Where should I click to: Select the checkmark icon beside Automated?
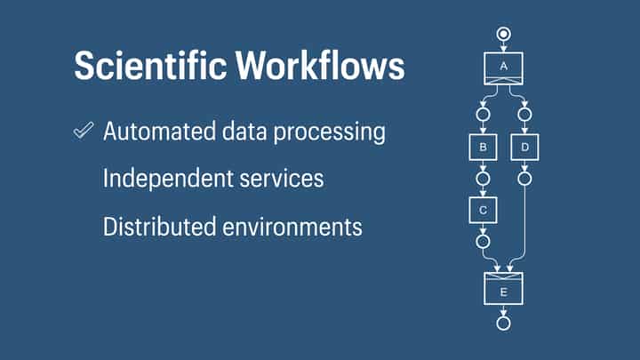click(x=84, y=132)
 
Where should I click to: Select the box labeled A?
click(x=503, y=68)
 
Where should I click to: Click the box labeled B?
click(x=483, y=147)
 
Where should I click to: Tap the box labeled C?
click(x=483, y=210)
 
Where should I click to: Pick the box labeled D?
click(x=524, y=147)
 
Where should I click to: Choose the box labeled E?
click(x=503, y=289)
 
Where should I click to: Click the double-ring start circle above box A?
click(x=503, y=35)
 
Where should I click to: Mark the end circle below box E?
click(x=503, y=323)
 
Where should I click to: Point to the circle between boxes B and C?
click(x=483, y=179)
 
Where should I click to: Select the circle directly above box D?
click(x=524, y=114)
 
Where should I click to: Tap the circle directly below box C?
click(x=483, y=241)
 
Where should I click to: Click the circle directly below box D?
click(x=524, y=179)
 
